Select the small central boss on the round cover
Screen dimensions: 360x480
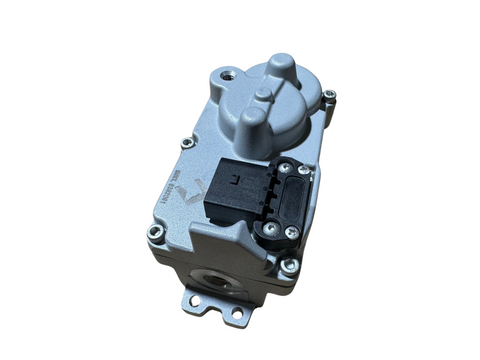coord(262,95)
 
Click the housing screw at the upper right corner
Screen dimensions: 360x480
coord(330,96)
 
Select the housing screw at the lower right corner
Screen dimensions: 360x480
coord(289,266)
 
